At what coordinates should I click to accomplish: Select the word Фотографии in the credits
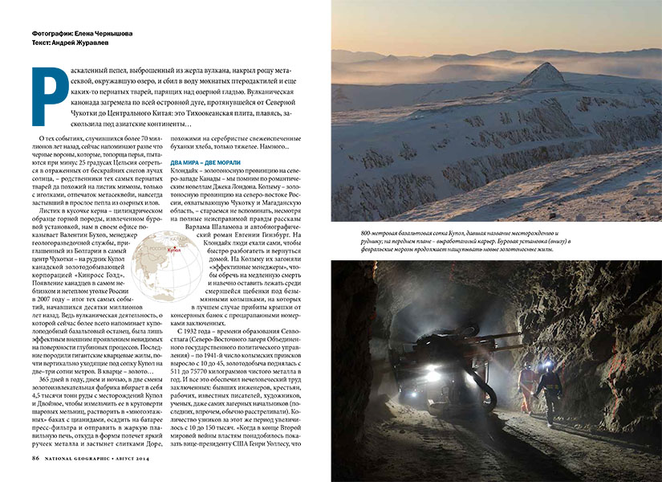click(x=52, y=35)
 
